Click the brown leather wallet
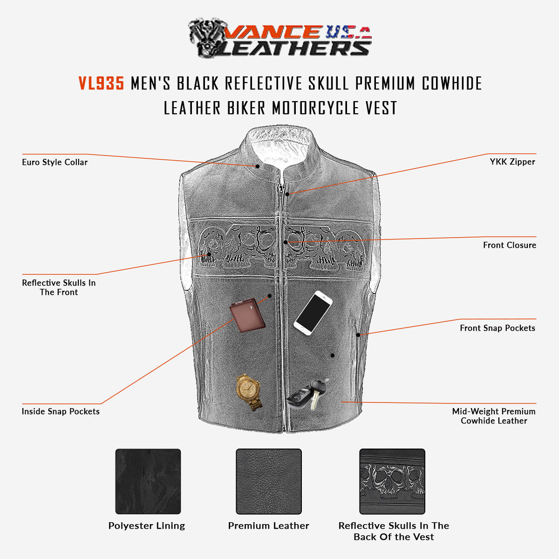click(x=247, y=315)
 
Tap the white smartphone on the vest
click(x=313, y=312)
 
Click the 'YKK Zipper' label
click(x=512, y=162)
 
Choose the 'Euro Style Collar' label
click(x=55, y=163)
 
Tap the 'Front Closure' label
click(x=509, y=245)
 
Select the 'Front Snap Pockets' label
click(x=497, y=328)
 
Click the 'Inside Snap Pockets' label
click(x=61, y=411)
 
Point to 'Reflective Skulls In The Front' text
click(x=59, y=287)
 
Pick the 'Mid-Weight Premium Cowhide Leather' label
click(x=494, y=416)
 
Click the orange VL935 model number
click(x=101, y=83)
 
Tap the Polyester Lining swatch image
click(x=148, y=481)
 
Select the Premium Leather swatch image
click(x=269, y=481)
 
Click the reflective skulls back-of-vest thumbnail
click(x=392, y=481)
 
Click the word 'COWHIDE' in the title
click(x=451, y=83)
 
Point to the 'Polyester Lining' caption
click(x=147, y=526)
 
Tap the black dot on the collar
click(x=257, y=166)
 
